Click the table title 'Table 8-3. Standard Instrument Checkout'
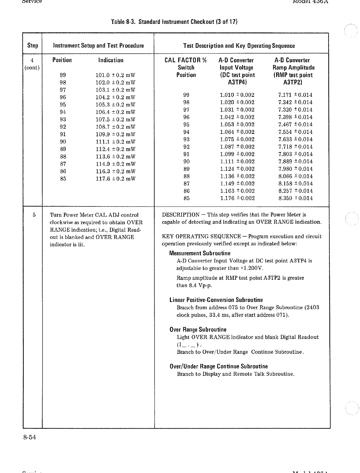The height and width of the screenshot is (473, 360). coord(174,22)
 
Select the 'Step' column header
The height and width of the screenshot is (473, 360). coord(33,46)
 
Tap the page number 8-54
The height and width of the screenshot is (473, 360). coord(29,437)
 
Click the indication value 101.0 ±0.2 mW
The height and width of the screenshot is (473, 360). coord(115,75)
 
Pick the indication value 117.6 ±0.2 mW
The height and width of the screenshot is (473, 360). coord(115,179)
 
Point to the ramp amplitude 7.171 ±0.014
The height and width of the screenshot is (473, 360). coord(295,95)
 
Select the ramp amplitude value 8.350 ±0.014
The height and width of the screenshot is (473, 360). coord(295,198)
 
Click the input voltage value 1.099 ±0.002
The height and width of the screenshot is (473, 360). coord(237,154)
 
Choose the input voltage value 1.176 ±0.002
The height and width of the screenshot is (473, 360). coord(237,198)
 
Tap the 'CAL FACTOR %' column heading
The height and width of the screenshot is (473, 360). coord(186,60)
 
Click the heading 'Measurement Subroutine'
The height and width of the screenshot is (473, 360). coord(200,253)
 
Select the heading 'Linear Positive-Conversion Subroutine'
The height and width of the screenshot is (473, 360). coord(216,300)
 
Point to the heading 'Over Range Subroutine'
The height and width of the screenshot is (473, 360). coord(198,330)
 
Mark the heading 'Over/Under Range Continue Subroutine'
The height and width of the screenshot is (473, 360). coord(219,366)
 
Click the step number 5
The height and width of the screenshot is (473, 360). coord(34,215)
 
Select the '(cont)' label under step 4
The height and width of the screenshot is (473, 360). coord(32,68)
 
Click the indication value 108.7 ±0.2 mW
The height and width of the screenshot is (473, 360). coord(115,127)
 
